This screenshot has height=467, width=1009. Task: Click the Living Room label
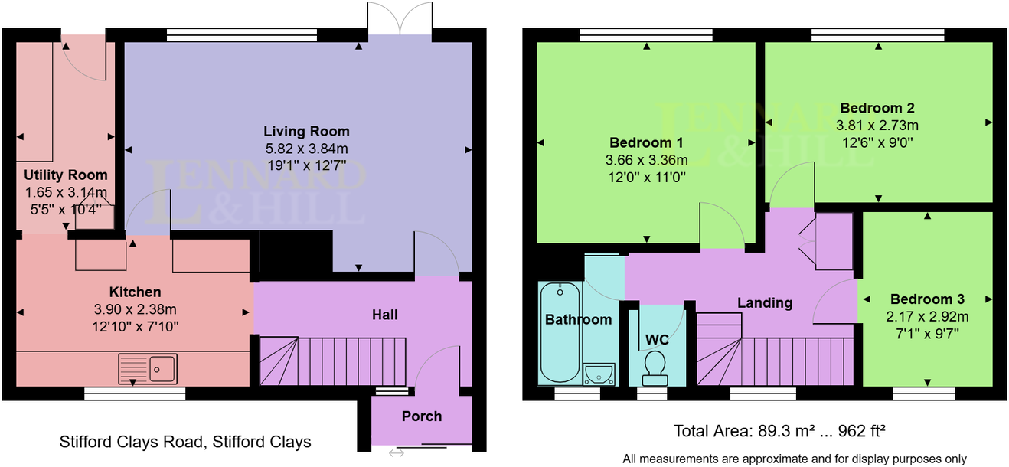pyautogui.click(x=306, y=132)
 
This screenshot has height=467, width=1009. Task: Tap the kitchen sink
pyautogui.click(x=148, y=368)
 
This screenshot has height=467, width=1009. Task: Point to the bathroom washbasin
pyautogui.click(x=599, y=374)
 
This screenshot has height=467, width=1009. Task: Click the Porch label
pyautogui.click(x=422, y=416)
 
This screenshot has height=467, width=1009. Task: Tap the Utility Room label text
pyautogui.click(x=66, y=175)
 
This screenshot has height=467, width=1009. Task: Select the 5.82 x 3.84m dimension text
pyautogui.click(x=306, y=149)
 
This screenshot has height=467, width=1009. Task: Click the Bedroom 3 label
pyautogui.click(x=927, y=299)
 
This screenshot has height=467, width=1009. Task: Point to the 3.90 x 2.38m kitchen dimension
pyautogui.click(x=135, y=309)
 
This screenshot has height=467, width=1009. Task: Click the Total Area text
pyautogui.click(x=779, y=430)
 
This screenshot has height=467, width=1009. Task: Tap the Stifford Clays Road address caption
pyautogui.click(x=185, y=442)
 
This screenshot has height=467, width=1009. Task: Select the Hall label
pyautogui.click(x=384, y=315)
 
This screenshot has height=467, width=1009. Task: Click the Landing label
pyautogui.click(x=764, y=303)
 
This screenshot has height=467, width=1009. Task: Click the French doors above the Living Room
pyautogui.click(x=400, y=19)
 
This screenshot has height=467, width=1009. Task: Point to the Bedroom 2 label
pyautogui.click(x=877, y=108)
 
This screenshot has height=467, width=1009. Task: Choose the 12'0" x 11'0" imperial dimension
pyautogui.click(x=647, y=177)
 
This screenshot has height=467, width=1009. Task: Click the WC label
pyautogui.click(x=656, y=338)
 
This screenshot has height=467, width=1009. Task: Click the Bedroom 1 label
pyautogui.click(x=646, y=143)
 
